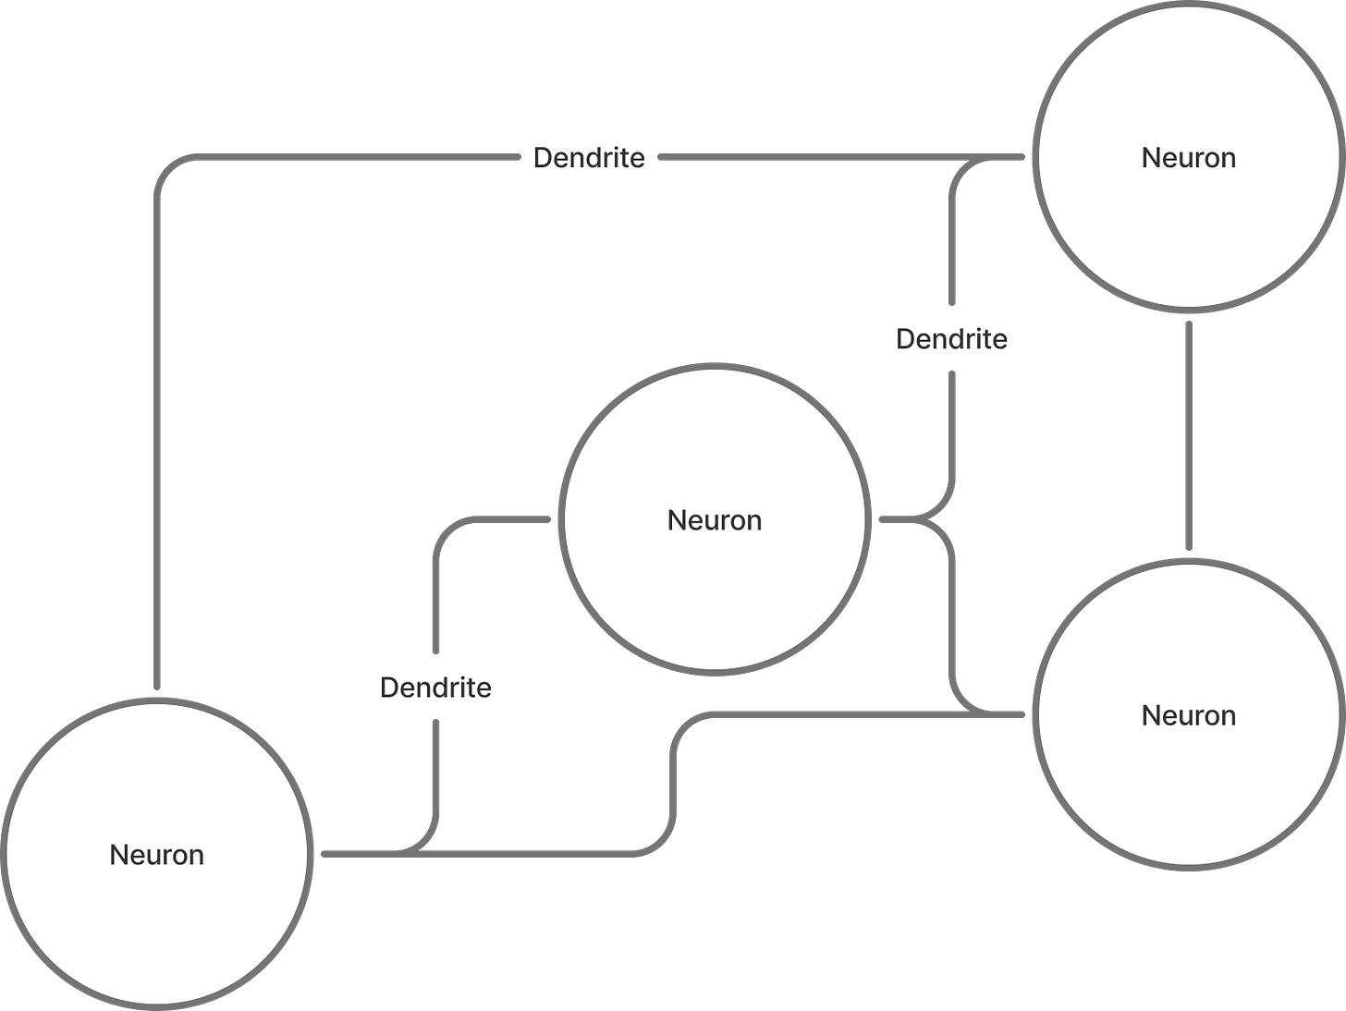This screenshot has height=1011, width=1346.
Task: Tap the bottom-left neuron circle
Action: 157,915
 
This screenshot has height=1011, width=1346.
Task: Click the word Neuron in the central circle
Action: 715,520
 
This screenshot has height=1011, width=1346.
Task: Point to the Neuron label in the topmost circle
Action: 1189,158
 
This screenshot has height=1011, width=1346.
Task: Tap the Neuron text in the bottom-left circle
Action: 157,855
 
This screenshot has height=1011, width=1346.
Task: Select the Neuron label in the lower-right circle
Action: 1189,715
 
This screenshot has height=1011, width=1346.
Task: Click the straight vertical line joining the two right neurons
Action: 1188,434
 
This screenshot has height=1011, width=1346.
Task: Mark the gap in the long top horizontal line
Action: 590,158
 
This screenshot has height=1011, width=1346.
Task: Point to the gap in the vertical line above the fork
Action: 952,337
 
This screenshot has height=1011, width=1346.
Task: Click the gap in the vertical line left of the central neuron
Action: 435,687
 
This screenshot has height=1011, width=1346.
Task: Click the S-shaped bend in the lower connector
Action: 673,781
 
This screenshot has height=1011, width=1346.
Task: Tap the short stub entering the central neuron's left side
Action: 527,519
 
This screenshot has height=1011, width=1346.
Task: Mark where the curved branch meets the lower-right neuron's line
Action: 971,713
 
